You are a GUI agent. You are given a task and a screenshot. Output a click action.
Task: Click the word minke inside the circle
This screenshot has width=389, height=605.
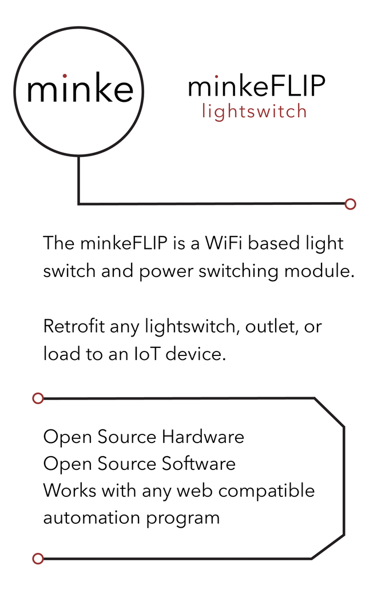[x=80, y=89]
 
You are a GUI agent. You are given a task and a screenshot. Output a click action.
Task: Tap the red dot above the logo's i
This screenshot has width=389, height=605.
[x=65, y=75]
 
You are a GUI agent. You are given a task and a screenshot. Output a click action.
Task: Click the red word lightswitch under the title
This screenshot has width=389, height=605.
[x=255, y=111]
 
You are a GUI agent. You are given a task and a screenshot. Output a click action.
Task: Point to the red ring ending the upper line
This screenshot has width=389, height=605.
[x=351, y=204]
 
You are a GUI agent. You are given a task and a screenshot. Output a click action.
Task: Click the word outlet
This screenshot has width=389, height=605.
[x=270, y=327]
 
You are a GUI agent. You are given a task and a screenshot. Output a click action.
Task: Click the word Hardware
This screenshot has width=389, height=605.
[x=203, y=437]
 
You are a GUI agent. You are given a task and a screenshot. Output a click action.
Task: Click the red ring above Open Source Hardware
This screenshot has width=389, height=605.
[x=38, y=398]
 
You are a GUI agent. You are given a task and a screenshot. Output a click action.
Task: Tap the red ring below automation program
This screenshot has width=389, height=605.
[x=38, y=559]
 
